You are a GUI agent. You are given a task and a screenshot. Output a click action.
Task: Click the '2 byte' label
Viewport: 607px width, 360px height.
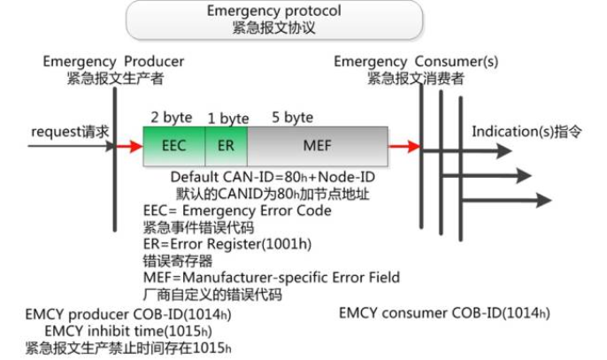(172, 118)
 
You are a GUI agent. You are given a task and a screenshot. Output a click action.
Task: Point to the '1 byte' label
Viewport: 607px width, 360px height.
(227, 118)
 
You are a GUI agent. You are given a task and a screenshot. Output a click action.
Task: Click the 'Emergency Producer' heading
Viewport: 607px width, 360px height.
(114, 61)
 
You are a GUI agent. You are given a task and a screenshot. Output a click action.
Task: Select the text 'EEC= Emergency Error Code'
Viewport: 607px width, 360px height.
(237, 211)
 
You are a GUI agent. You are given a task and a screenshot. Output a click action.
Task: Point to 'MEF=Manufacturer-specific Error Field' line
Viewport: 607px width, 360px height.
(271, 278)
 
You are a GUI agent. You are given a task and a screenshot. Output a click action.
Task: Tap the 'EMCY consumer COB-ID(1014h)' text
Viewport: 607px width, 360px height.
(444, 314)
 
